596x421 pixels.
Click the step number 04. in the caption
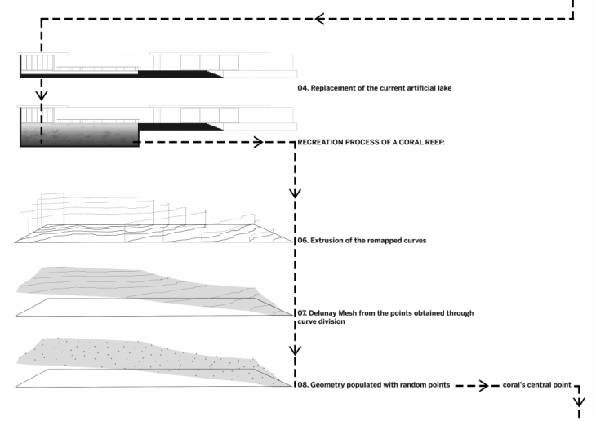[x=303, y=86]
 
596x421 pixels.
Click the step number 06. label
[x=303, y=242]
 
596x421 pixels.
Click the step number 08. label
[x=303, y=384]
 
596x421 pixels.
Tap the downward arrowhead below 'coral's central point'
[x=580, y=402]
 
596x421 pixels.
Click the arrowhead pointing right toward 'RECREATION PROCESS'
[x=257, y=142]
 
